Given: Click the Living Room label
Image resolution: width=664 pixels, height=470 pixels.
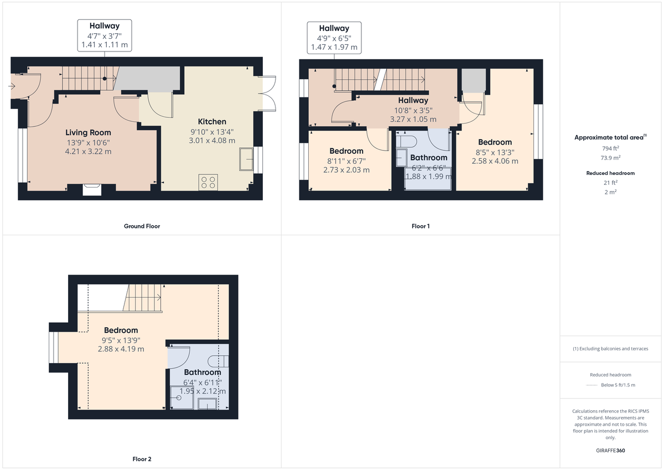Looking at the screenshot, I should click(88, 132).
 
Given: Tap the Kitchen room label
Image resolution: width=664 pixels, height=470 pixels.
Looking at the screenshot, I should click(212, 121).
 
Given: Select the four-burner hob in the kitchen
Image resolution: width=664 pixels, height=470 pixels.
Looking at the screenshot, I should click(208, 182).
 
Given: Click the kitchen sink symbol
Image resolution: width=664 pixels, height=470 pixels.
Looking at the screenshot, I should click(245, 159).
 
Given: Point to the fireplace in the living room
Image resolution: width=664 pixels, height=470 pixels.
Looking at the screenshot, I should click(92, 190).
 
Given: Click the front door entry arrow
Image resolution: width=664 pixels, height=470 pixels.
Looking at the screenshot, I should click(13, 86).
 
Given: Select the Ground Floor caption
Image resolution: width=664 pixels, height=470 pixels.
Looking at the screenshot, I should click(142, 226).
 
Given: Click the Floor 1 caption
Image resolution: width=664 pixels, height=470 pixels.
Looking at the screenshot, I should click(421, 226).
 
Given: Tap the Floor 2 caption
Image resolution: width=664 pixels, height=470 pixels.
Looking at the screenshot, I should click(142, 459).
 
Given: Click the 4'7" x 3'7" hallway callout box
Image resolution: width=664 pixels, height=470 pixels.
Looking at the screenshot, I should click(104, 35).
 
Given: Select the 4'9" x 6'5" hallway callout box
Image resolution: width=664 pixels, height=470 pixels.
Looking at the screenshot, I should click(334, 38).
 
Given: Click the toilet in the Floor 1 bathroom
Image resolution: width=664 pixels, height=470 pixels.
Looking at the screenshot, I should click(406, 142).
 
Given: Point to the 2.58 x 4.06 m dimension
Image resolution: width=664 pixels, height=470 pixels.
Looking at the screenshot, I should click(495, 161).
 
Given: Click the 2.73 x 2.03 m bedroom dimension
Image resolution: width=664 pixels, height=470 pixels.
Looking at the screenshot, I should click(346, 170).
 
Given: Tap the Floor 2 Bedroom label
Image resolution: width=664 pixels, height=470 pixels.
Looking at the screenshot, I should click(121, 330).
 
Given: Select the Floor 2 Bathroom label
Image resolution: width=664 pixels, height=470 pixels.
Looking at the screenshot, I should click(199, 372).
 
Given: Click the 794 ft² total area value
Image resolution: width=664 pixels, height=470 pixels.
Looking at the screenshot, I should click(610, 148).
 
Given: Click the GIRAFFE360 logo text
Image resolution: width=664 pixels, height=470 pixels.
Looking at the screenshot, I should click(610, 450).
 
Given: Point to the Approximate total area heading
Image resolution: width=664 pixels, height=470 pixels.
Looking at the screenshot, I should click(610, 137).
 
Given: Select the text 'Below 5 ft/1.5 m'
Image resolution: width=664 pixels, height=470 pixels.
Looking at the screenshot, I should click(618, 385).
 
